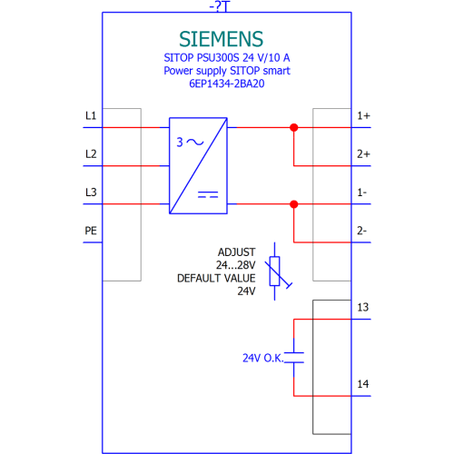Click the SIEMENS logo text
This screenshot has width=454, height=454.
click(221, 39)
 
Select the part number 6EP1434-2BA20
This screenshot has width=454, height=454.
click(227, 84)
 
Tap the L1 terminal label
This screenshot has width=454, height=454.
click(91, 115)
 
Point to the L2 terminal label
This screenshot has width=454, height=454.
click(91, 154)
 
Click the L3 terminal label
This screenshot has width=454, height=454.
click(91, 192)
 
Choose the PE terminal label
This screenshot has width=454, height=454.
click(91, 231)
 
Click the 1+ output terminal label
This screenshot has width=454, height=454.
click(363, 115)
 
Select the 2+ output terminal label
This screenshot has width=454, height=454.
click(363, 154)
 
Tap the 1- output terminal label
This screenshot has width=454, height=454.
click(362, 192)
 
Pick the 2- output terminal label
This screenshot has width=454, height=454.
click(362, 231)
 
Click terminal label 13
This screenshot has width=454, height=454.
click(363, 307)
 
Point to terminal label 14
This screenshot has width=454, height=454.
click(363, 384)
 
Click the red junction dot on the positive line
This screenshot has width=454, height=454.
click(293, 127)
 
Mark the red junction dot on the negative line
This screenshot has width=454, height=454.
click(293, 204)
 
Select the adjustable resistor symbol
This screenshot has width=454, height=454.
click(276, 271)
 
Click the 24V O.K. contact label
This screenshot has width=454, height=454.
click(263, 358)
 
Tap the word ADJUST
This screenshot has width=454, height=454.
click(237, 252)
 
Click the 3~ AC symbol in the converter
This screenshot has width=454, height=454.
click(190, 142)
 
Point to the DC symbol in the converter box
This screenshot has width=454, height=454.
click(208, 194)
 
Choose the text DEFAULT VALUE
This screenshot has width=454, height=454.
click(216, 278)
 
